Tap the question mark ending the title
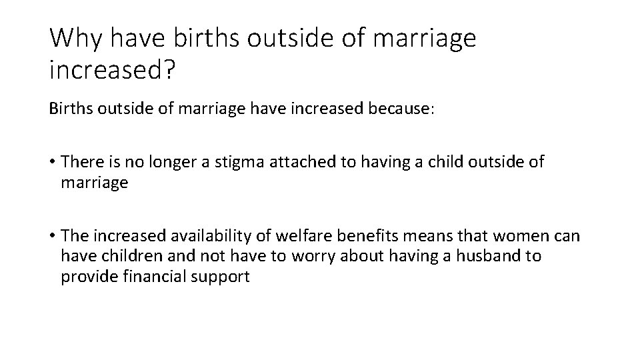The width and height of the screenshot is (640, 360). coord(167,68)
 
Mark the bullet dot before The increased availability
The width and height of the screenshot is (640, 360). coord(51,237)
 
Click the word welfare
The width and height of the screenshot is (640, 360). coord(303,237)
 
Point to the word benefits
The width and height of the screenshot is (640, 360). coord(366,237)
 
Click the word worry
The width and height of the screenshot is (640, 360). coord(305,257)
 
